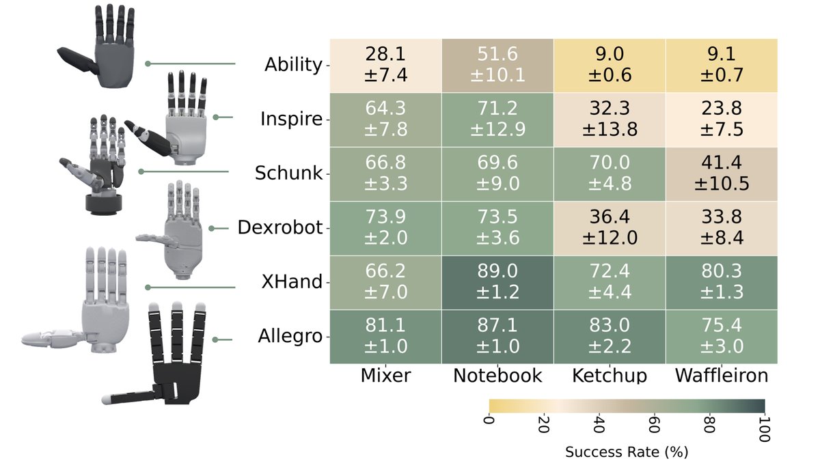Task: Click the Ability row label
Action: [x=292, y=65]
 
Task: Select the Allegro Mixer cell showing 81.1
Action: [x=385, y=337]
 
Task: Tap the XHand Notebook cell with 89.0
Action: [x=497, y=283]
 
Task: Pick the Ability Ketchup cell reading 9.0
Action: [x=608, y=66]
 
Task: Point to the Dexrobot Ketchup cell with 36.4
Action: [x=608, y=228]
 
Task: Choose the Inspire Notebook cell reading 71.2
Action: [x=497, y=120]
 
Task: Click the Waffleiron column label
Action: [x=720, y=376]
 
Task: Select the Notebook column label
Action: [x=497, y=376]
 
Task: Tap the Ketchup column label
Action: [x=608, y=376]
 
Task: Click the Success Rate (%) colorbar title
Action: [x=627, y=451]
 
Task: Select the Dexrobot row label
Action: [x=279, y=228]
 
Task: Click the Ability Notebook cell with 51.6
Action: [x=497, y=66]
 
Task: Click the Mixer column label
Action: [x=385, y=376]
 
